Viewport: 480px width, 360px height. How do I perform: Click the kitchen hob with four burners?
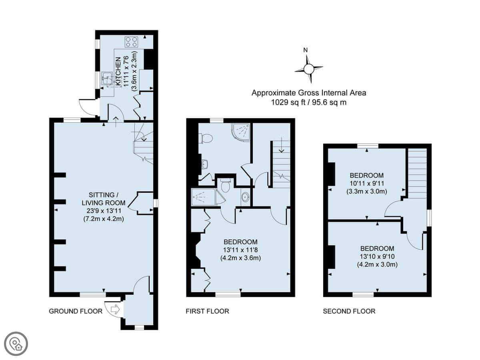(x=132, y=42)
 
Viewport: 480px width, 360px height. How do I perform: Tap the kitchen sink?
(x=107, y=79)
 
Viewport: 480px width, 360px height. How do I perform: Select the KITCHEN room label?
(x=118, y=72)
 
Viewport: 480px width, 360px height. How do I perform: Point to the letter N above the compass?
(x=306, y=50)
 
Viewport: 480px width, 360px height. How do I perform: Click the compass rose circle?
(x=308, y=69)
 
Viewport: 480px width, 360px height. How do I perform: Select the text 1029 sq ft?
(x=288, y=102)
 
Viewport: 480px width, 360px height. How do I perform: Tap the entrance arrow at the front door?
(x=115, y=309)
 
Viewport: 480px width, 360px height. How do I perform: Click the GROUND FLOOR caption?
(x=76, y=311)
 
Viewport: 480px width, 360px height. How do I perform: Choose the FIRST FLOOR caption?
(x=207, y=311)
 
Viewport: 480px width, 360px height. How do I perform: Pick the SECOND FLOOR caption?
(x=349, y=311)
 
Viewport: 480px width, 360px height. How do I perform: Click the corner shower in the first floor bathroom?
(x=240, y=132)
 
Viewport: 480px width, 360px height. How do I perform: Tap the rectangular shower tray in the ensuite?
(x=203, y=197)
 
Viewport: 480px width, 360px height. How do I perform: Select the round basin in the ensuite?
(x=246, y=197)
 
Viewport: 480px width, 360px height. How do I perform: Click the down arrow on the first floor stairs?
(x=282, y=145)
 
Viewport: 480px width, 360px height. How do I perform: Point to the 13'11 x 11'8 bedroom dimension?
(x=240, y=250)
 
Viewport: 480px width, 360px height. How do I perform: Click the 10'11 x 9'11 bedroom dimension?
(x=367, y=183)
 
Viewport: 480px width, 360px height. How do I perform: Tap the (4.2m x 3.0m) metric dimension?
(x=377, y=264)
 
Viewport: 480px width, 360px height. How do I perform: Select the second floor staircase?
(x=418, y=173)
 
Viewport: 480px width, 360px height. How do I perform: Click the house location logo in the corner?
(x=16, y=344)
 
